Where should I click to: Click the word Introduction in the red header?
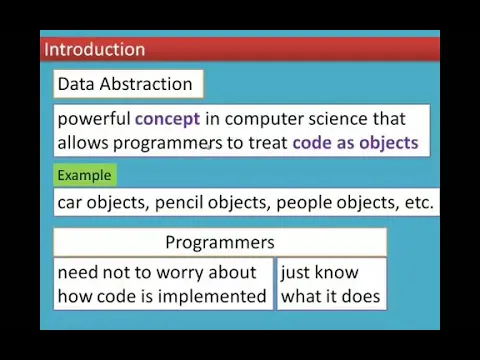click(x=95, y=49)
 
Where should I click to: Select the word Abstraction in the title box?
click(x=146, y=84)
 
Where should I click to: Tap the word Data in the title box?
click(x=76, y=84)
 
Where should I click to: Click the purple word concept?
click(x=167, y=119)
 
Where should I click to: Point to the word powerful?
click(x=94, y=119)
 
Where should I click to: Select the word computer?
click(x=264, y=120)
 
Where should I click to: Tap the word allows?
click(x=83, y=143)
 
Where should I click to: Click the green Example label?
click(x=84, y=176)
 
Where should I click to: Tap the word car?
click(x=70, y=203)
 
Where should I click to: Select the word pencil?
click(x=179, y=203)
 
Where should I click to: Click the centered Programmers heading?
click(x=220, y=243)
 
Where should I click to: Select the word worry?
click(x=180, y=273)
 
